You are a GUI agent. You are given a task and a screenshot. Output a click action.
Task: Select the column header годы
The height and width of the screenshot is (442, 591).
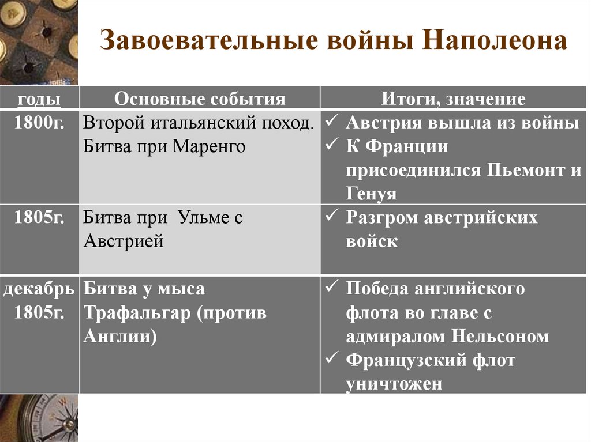39,99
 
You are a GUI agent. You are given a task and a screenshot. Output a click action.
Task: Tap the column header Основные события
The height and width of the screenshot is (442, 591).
200,99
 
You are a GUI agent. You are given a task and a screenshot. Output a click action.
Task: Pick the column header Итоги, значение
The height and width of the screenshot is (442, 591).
454,99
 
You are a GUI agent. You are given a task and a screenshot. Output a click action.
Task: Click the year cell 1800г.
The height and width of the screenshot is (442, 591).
39,123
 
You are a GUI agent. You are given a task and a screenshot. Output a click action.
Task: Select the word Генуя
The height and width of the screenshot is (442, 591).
371,194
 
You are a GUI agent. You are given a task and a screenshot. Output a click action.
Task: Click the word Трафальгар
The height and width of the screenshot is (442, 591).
137,313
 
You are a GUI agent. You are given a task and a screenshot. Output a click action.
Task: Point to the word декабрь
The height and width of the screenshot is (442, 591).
39,289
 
